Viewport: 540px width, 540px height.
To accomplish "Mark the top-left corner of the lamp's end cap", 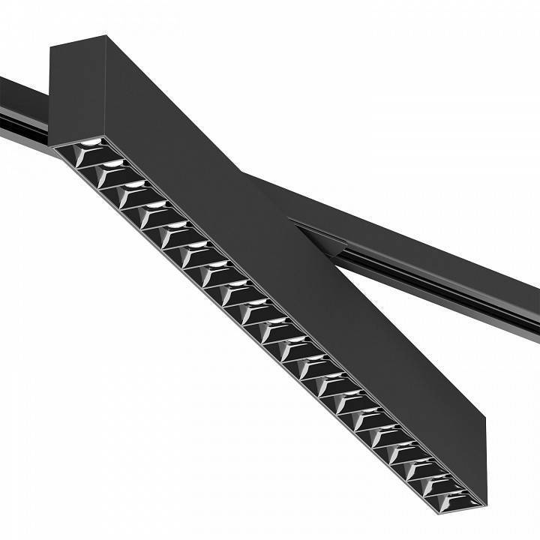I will pyautogui.click(x=50, y=46).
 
